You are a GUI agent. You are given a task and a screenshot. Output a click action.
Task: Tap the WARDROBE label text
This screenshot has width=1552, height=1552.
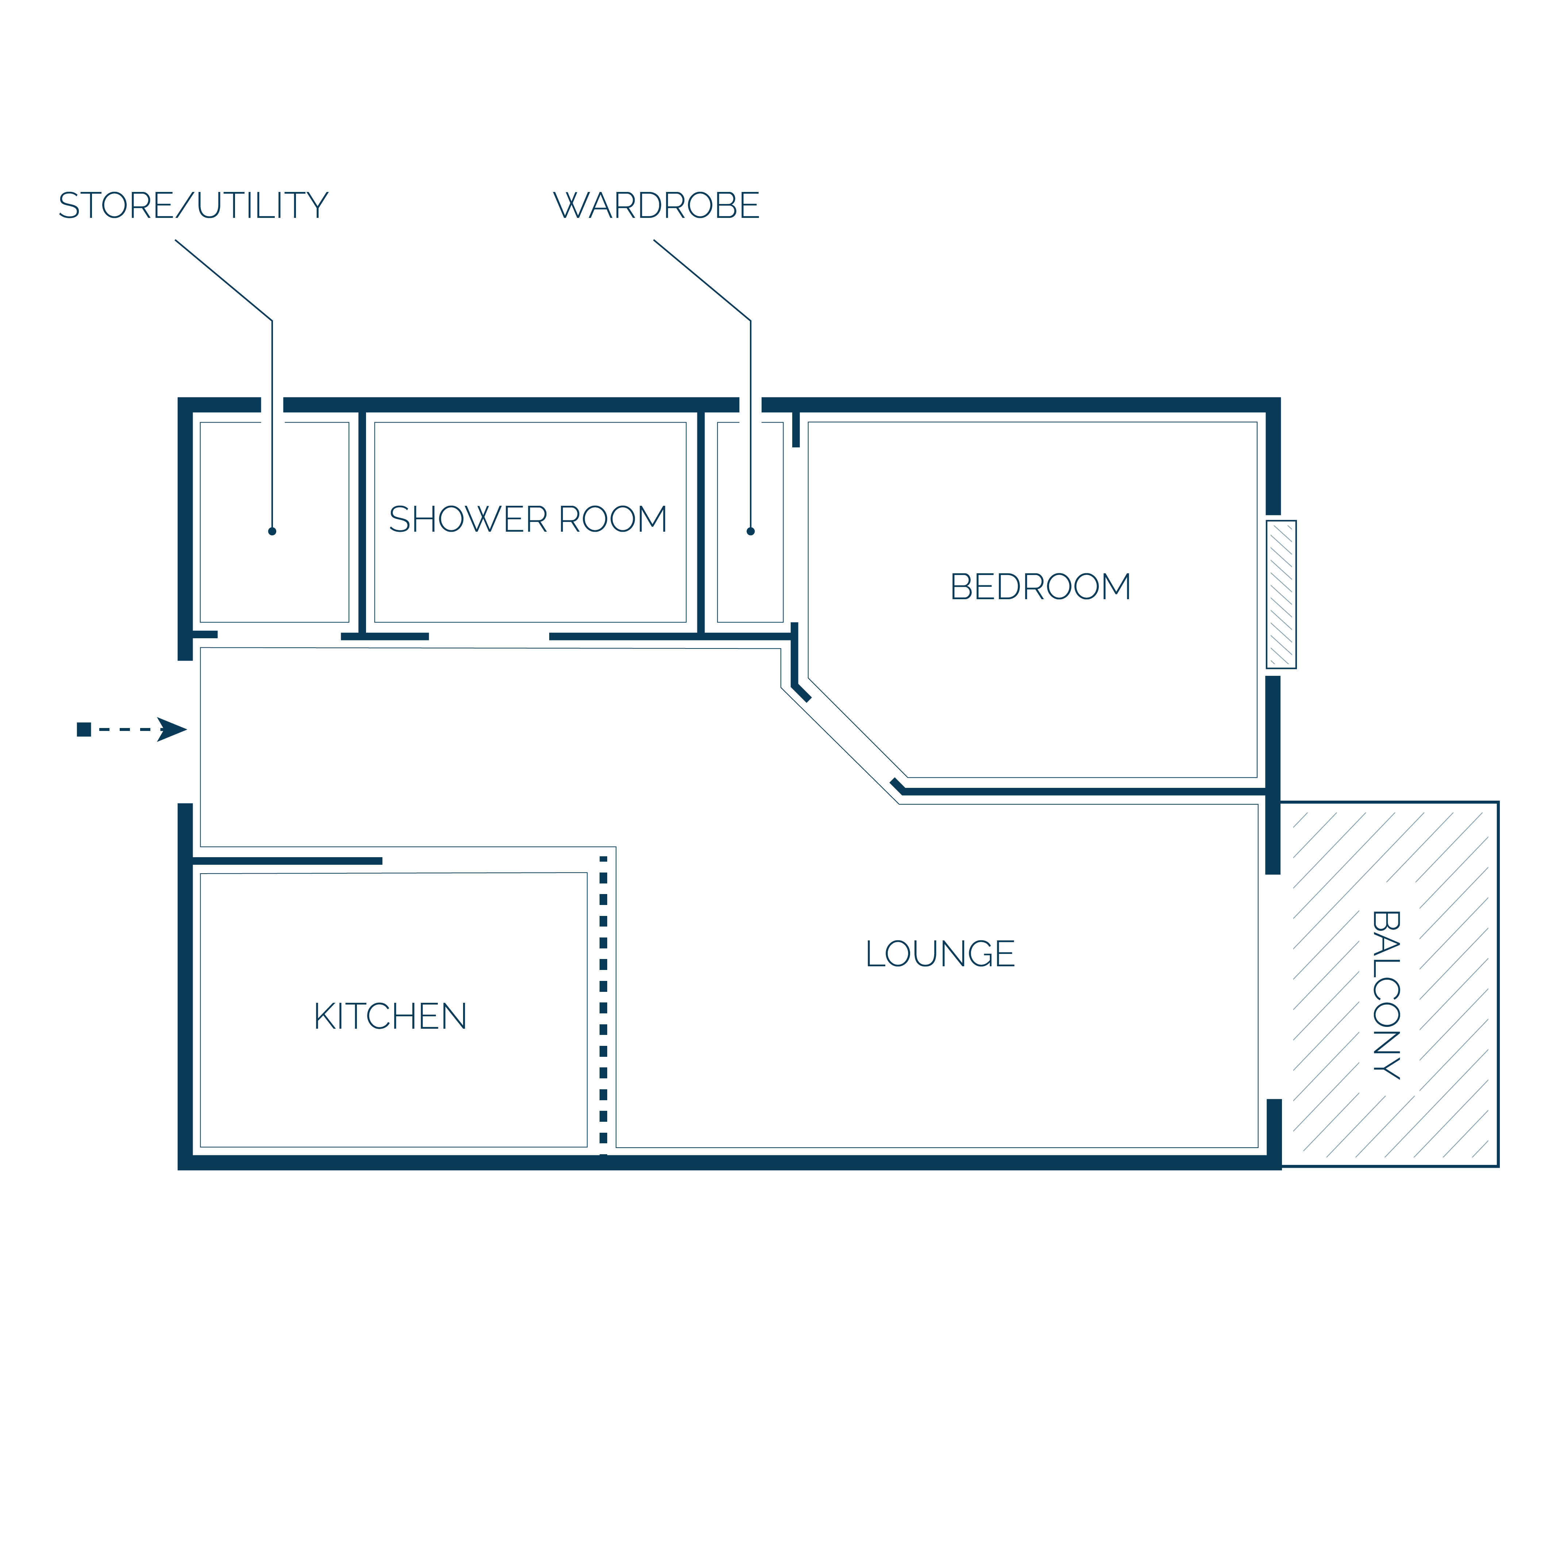click(x=656, y=206)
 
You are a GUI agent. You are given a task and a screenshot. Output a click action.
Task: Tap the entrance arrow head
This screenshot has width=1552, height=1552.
click(x=172, y=729)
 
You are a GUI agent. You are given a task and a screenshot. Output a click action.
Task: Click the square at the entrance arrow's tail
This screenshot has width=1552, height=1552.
click(x=84, y=729)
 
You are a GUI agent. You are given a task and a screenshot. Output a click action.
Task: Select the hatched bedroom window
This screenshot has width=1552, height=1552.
click(x=1281, y=594)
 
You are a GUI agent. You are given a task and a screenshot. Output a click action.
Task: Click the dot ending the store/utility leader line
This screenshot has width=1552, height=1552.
click(x=272, y=531)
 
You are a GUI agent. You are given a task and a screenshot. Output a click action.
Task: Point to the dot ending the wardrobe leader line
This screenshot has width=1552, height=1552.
click(x=750, y=531)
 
